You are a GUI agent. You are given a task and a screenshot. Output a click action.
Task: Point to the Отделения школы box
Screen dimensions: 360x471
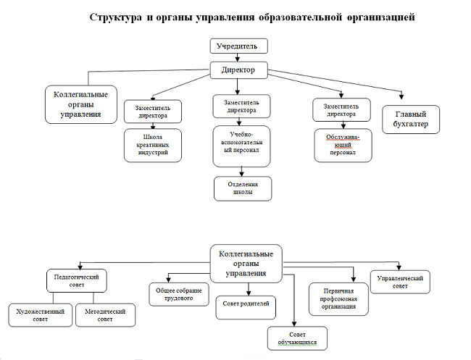pos(243,188)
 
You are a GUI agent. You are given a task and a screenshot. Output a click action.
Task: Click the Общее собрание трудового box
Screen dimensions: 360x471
pos(178,293)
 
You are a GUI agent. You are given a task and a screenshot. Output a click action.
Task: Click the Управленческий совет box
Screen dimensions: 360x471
pos(400,280)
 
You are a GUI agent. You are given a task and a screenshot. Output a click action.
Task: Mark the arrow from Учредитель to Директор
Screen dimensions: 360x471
pos(238,58)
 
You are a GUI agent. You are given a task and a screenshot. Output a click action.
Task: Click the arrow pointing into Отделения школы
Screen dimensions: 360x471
pos(243,171)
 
